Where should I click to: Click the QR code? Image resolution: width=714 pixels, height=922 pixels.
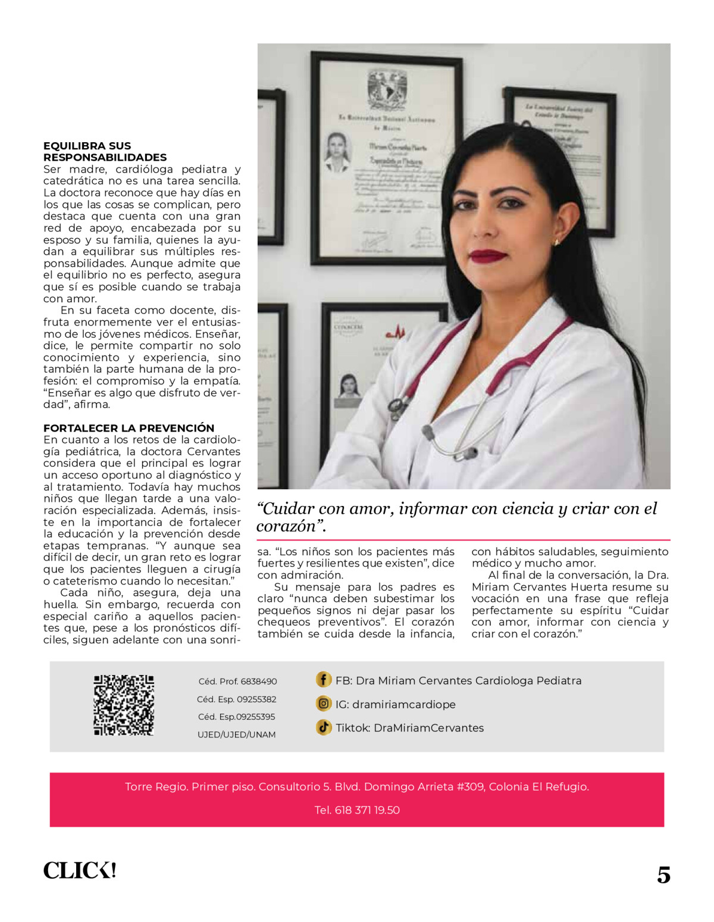[x=124, y=705]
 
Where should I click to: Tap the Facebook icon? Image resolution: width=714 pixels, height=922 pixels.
[x=323, y=680]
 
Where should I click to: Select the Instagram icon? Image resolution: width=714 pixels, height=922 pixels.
[x=323, y=704]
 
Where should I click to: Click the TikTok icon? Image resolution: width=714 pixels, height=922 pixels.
[x=323, y=727]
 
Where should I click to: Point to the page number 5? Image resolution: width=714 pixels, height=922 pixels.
[x=663, y=874]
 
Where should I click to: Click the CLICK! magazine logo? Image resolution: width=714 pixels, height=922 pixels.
[x=80, y=871]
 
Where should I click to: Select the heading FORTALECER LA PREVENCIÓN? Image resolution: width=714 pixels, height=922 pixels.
[x=129, y=428]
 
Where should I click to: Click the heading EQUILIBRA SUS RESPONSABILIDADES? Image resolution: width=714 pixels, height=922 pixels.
[x=105, y=151]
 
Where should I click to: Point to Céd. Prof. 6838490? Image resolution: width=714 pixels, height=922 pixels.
[x=237, y=682]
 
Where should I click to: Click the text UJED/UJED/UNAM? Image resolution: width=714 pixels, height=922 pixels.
[x=236, y=735]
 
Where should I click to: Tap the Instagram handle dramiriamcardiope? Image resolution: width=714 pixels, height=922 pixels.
[x=403, y=704]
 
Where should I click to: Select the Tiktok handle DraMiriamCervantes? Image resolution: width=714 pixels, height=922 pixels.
[x=428, y=727]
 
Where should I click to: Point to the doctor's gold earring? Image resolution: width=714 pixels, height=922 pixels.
[x=557, y=242]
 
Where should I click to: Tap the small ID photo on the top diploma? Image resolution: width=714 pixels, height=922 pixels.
[x=337, y=152]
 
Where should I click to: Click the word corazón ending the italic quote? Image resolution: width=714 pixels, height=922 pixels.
[x=289, y=526]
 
